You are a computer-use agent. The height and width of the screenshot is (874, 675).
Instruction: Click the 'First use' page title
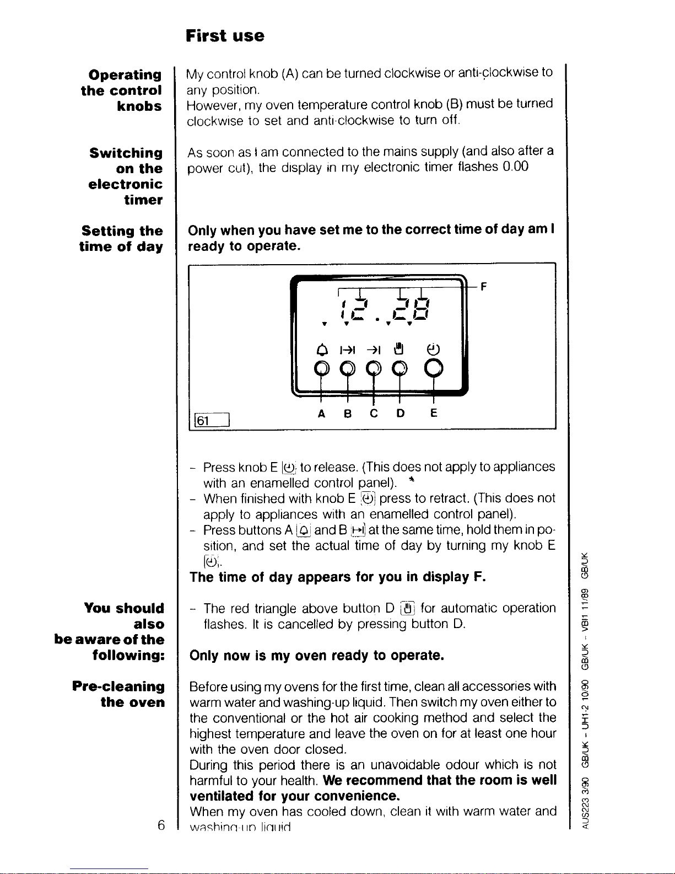point(225,36)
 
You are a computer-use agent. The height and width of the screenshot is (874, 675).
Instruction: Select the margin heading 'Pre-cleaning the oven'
point(118,694)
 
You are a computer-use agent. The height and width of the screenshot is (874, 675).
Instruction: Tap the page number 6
point(161,825)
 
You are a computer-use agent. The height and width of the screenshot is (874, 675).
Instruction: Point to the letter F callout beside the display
point(484,287)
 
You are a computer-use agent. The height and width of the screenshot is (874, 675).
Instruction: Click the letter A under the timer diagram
point(321,414)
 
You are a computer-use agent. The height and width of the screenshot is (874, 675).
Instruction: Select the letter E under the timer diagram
point(434,414)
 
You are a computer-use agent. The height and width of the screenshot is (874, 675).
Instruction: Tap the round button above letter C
point(374,367)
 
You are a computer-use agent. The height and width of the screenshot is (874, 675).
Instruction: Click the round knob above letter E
point(434,367)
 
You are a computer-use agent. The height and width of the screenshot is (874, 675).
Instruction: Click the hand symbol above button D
point(399,348)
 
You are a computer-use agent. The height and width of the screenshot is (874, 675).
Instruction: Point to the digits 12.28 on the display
point(380,309)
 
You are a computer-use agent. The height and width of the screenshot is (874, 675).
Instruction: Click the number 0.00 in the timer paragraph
point(515,167)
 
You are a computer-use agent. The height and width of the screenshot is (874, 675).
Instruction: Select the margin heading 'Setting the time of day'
point(121,239)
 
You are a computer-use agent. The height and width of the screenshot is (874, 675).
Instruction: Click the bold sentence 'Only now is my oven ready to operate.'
point(316,656)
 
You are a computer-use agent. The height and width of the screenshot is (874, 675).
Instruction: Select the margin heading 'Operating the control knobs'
point(121,90)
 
